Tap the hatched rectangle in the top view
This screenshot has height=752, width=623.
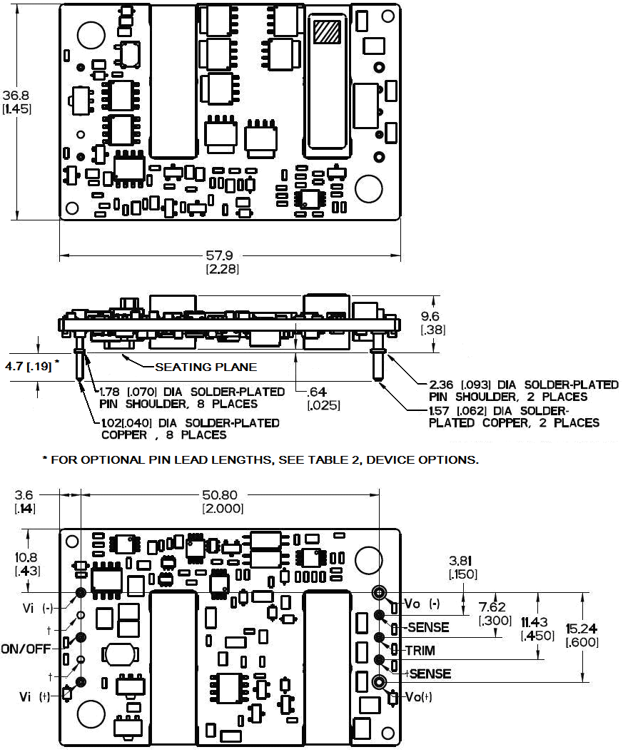point(328,33)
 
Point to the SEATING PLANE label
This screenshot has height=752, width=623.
point(206,367)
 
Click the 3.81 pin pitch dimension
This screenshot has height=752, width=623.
point(463,561)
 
